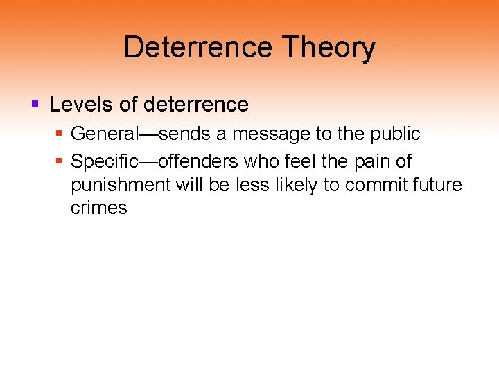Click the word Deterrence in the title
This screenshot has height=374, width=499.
(x=198, y=48)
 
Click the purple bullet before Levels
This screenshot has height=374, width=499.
(x=35, y=105)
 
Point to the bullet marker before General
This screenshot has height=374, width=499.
(x=60, y=133)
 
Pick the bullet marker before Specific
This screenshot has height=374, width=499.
(x=60, y=162)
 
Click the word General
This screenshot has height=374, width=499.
(x=103, y=133)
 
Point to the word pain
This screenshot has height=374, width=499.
(x=378, y=162)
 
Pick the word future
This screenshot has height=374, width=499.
(x=434, y=185)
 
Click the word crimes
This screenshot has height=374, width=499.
(x=98, y=208)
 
